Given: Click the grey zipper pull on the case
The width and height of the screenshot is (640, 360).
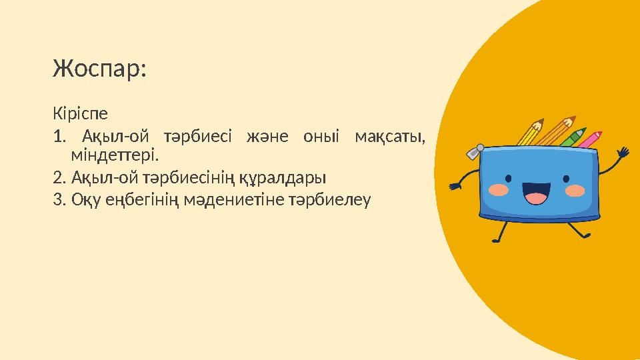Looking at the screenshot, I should tap(473, 152).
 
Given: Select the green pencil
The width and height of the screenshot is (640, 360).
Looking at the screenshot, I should tap(573, 136).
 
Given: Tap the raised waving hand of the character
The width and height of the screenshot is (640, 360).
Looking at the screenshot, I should tap(623, 154).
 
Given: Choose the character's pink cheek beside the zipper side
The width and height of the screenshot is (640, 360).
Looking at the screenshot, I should tap(499, 189).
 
